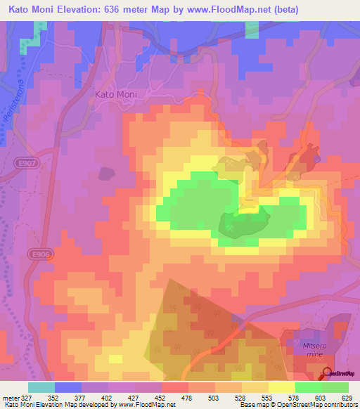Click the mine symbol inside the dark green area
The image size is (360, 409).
(x=231, y=227)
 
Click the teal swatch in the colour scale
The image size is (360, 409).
(x=41, y=387)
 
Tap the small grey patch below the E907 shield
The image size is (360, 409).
(x=105, y=173)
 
